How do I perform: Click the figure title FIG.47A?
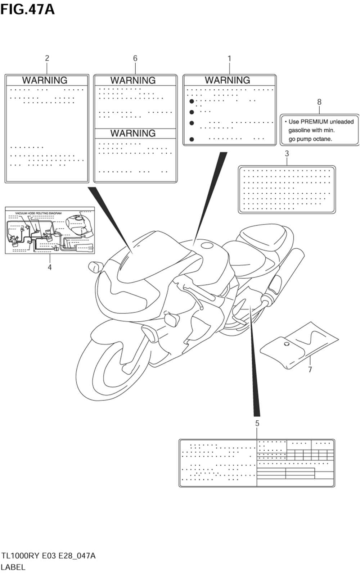click(27, 9)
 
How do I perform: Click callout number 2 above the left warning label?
click(47, 58)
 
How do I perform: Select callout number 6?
click(135, 58)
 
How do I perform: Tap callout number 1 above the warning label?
click(229, 58)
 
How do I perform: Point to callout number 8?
click(319, 102)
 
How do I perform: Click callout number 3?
click(287, 154)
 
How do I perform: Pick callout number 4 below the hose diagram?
click(50, 267)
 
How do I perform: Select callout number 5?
click(257, 424)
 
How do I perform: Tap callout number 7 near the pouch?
click(310, 369)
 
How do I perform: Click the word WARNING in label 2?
click(45, 80)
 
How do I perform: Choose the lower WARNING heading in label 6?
click(133, 133)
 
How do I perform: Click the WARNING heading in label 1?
click(228, 80)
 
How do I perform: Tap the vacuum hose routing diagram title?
click(38, 213)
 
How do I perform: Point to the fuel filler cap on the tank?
click(207, 246)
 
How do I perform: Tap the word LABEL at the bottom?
click(13, 567)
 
